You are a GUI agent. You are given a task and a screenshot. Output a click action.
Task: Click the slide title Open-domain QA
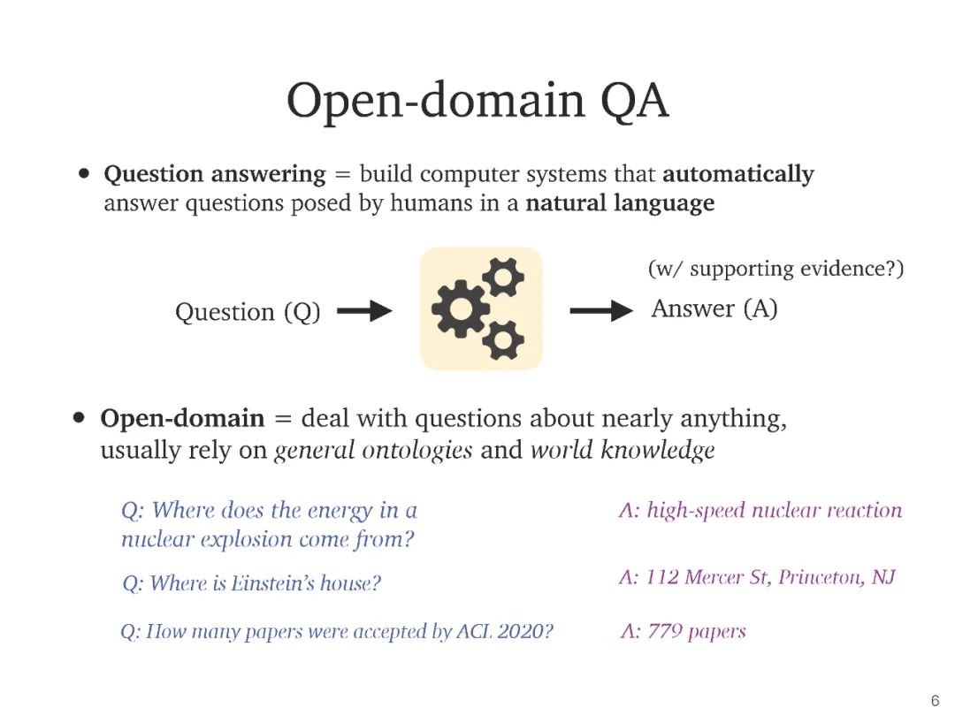pyautogui.click(x=477, y=100)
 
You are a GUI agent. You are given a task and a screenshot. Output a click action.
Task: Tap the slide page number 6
pyautogui.click(x=935, y=701)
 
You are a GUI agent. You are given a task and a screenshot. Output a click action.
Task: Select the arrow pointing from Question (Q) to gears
pyautogui.click(x=364, y=311)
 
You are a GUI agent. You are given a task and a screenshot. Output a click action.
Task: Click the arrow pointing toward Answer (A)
pyautogui.click(x=601, y=310)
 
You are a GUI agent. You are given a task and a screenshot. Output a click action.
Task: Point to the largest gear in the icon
pyautogui.click(x=460, y=308)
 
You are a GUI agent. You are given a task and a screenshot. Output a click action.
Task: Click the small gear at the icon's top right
pyautogui.click(x=503, y=278)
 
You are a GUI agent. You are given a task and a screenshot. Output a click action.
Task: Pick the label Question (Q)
pyautogui.click(x=248, y=312)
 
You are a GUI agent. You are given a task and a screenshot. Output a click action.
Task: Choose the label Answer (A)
pyautogui.click(x=714, y=308)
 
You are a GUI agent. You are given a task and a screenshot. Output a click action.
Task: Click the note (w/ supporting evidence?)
pyautogui.click(x=775, y=269)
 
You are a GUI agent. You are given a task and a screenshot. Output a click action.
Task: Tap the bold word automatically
pyautogui.click(x=737, y=174)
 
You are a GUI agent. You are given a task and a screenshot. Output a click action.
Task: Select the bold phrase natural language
pyautogui.click(x=620, y=203)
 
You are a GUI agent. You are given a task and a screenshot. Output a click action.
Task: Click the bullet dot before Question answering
pyautogui.click(x=85, y=174)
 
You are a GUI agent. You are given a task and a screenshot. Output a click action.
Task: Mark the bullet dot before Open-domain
pyautogui.click(x=81, y=418)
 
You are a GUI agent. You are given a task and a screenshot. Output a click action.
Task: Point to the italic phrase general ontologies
pyautogui.click(x=373, y=450)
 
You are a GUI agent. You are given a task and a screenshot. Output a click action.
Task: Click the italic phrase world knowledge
pyautogui.click(x=622, y=450)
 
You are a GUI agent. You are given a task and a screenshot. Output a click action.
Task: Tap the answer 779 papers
pyautogui.click(x=683, y=631)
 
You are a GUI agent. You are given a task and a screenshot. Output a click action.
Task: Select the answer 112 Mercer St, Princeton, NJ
pyautogui.click(x=757, y=577)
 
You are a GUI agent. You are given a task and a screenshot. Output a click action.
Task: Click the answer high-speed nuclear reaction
pyautogui.click(x=760, y=510)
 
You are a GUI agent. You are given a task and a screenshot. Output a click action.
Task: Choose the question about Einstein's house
pyautogui.click(x=251, y=583)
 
